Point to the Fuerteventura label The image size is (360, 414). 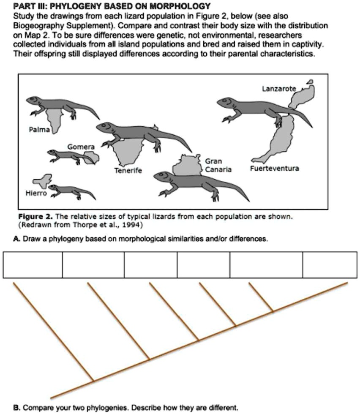pos(274,168)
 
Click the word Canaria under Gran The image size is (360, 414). pos(218,169)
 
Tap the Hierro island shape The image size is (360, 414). pos(42,181)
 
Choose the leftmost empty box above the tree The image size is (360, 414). pos(33,265)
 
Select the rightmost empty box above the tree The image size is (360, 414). pos(329,265)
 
